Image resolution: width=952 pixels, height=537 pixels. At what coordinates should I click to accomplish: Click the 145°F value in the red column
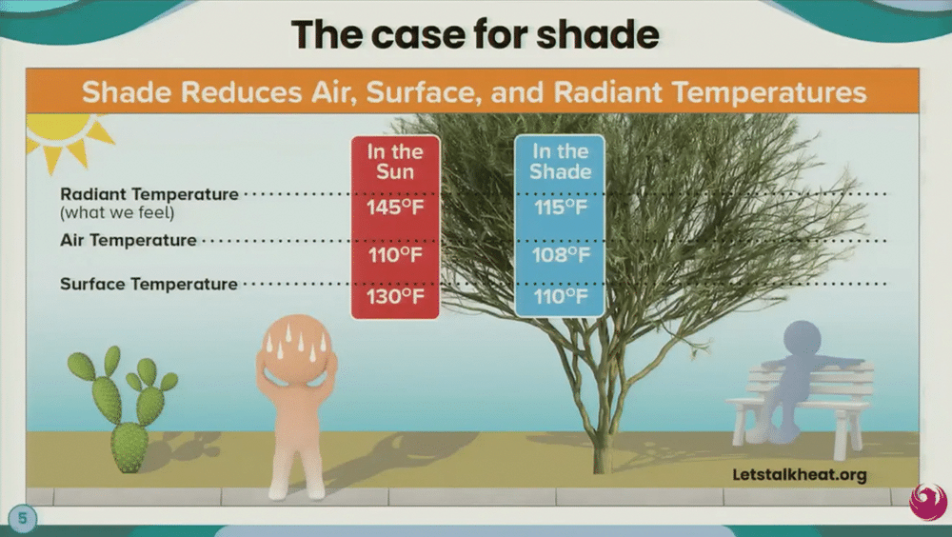[395, 208]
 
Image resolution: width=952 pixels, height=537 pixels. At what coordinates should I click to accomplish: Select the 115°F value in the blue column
[561, 208]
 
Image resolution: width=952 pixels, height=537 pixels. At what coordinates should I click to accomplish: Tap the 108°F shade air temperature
[561, 254]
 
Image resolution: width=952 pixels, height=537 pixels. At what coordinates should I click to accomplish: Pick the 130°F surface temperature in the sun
[395, 296]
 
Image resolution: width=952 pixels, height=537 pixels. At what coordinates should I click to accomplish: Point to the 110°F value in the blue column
[561, 296]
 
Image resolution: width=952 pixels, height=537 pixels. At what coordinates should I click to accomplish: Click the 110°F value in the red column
[395, 254]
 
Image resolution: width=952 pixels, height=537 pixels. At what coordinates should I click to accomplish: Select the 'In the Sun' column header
[395, 162]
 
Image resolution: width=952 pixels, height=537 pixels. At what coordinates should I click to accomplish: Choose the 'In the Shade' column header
[561, 162]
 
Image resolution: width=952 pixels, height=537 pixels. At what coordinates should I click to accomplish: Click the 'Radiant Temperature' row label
[149, 194]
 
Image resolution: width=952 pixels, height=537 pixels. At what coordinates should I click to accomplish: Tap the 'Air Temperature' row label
[129, 240]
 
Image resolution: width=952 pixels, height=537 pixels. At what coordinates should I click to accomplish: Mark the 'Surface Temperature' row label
[149, 284]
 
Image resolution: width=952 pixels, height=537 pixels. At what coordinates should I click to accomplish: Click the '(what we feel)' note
[117, 212]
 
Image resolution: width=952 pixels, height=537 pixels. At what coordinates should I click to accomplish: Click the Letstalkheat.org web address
[799, 474]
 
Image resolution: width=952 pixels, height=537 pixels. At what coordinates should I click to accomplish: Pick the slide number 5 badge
[23, 518]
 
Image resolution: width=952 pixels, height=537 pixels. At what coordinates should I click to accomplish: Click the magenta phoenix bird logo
[928, 501]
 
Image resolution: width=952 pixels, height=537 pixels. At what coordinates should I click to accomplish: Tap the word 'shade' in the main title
[598, 34]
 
